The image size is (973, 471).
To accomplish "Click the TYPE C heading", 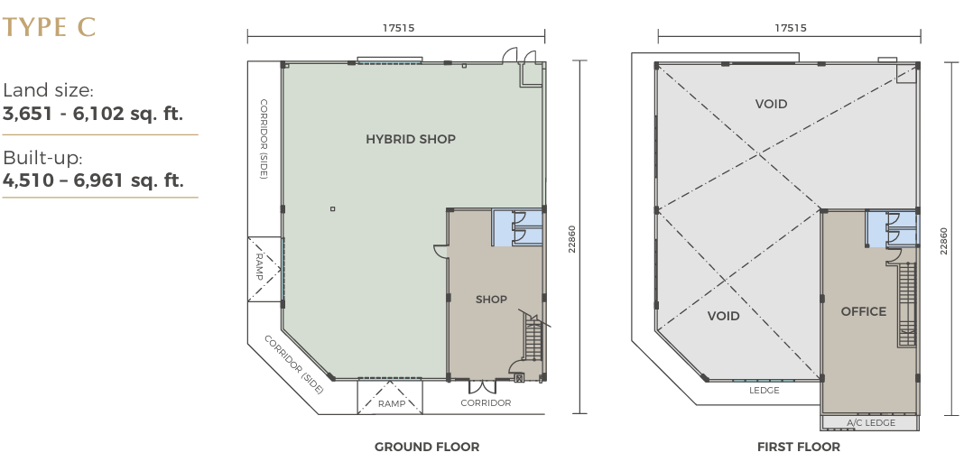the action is tap(49, 28).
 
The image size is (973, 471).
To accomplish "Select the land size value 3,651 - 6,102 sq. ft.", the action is tap(93, 115).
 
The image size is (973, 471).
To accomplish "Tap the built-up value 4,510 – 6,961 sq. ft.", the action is tap(93, 180).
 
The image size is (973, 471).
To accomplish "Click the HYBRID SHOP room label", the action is tap(411, 139).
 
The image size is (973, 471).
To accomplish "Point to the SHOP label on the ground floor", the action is tap(491, 300).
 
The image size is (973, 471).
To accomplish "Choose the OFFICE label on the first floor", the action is tap(864, 311).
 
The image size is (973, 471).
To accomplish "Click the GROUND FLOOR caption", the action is tap(427, 447).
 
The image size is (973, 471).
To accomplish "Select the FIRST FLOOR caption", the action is tap(799, 447).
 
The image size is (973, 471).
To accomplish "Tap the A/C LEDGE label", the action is tap(871, 422).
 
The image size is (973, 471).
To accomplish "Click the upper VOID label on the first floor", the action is tap(772, 105).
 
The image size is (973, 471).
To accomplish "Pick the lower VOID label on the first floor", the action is tap(724, 317).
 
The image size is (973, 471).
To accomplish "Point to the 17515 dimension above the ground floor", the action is tap(398, 28).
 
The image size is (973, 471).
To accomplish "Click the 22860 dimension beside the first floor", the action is tap(944, 241).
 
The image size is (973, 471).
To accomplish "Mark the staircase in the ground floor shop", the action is tap(533, 337).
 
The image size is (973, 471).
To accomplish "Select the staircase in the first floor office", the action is tap(906, 304).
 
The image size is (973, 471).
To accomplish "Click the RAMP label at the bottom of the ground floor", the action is tap(392, 404).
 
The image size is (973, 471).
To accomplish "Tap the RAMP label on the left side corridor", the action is tap(260, 267).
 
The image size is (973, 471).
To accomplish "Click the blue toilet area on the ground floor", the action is tap(518, 227).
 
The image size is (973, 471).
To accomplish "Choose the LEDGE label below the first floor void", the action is tap(764, 391).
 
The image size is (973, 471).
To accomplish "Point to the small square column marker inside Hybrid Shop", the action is tap(332, 209).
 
